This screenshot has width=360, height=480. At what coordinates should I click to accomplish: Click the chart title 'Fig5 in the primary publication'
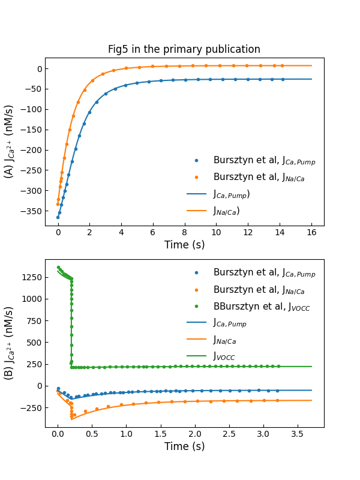(x=184, y=50)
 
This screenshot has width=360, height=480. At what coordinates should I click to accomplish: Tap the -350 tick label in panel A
(x=31, y=211)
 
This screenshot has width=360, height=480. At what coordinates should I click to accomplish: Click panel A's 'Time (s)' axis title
(x=184, y=245)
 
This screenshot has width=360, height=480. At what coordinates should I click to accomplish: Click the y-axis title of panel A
(x=10, y=142)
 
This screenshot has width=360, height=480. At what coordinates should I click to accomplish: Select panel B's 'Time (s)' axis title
(x=184, y=446)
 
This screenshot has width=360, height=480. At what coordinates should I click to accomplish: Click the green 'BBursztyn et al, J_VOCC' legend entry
(x=255, y=307)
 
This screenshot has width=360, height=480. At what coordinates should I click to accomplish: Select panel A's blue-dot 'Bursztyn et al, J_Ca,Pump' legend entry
(x=264, y=160)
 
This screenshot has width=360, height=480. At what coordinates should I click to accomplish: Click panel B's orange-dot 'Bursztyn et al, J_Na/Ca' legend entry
(x=264, y=290)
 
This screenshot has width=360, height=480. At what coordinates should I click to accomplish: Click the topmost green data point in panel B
(x=58, y=268)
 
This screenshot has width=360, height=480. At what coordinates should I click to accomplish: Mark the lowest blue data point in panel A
(x=58, y=217)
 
